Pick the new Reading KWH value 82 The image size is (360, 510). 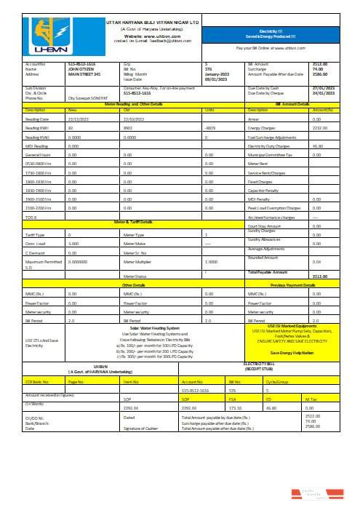click(x=70, y=127)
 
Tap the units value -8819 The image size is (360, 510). click(x=212, y=127)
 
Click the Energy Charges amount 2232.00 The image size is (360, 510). click(x=321, y=127)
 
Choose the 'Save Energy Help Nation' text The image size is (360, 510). click(x=290, y=353)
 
